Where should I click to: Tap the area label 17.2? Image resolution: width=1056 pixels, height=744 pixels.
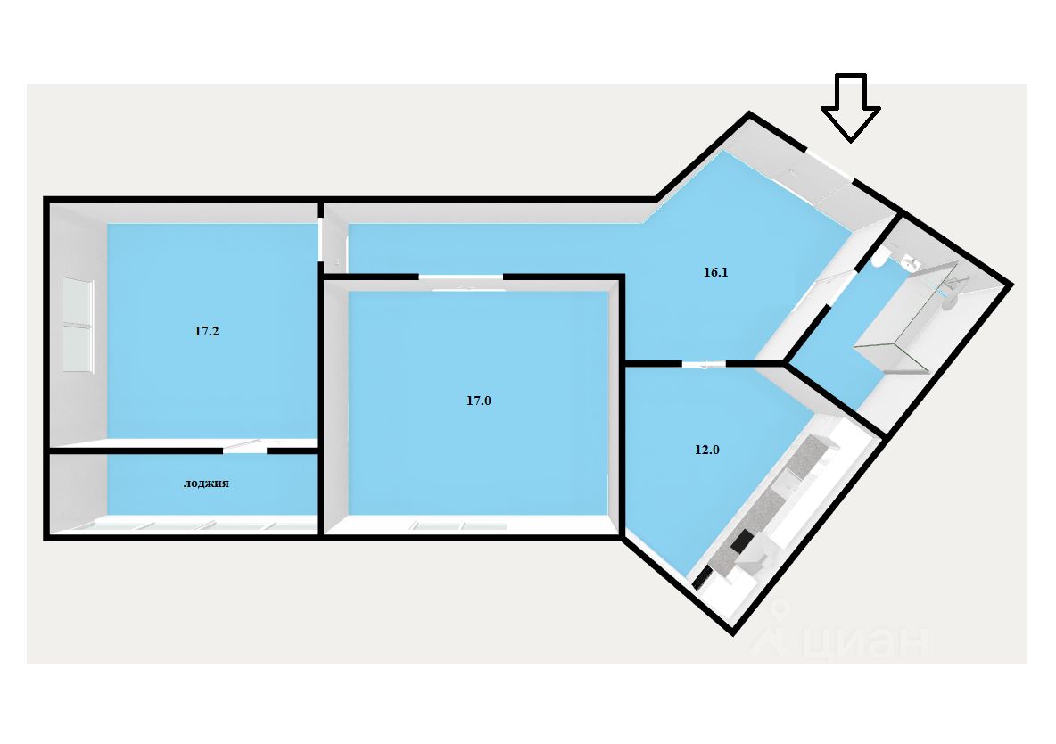pyautogui.click(x=207, y=331)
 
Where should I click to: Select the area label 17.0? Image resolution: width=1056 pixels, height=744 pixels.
pyautogui.click(x=479, y=401)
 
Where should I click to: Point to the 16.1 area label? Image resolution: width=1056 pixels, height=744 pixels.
pyautogui.click(x=716, y=273)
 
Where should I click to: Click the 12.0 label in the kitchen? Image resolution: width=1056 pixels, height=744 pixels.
pyautogui.click(x=706, y=451)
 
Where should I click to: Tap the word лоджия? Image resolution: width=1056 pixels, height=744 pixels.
pyautogui.click(x=207, y=484)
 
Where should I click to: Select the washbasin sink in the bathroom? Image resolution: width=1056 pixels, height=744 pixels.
pyautogui.click(x=910, y=262)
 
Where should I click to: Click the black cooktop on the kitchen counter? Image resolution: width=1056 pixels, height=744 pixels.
pyautogui.click(x=742, y=541)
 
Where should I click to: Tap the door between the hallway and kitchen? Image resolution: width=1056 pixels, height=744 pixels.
pyautogui.click(x=705, y=363)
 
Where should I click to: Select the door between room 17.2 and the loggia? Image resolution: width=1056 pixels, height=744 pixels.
pyautogui.click(x=244, y=449)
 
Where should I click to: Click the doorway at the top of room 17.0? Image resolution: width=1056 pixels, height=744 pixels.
pyautogui.click(x=461, y=278)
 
